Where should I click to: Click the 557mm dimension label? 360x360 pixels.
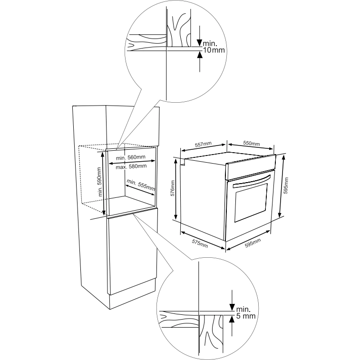[203, 144]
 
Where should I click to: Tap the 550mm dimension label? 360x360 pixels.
[252, 143]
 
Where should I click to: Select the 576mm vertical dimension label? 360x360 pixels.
[173, 188]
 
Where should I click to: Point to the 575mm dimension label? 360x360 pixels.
[200, 244]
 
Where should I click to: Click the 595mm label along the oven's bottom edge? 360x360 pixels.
[253, 243]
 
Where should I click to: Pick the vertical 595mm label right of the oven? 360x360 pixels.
[286, 185]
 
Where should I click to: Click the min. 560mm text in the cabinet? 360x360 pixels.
[130, 157]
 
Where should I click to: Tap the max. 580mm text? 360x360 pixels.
[131, 166]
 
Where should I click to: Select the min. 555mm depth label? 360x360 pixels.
[140, 185]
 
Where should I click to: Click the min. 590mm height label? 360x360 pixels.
[99, 182]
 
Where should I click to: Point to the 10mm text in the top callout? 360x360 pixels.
[214, 50]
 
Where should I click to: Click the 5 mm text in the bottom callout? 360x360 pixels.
[246, 316]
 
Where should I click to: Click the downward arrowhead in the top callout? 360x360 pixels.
[200, 43]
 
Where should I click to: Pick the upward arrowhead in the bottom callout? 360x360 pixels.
[232, 319]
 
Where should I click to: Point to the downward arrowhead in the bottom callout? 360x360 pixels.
[232, 307]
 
